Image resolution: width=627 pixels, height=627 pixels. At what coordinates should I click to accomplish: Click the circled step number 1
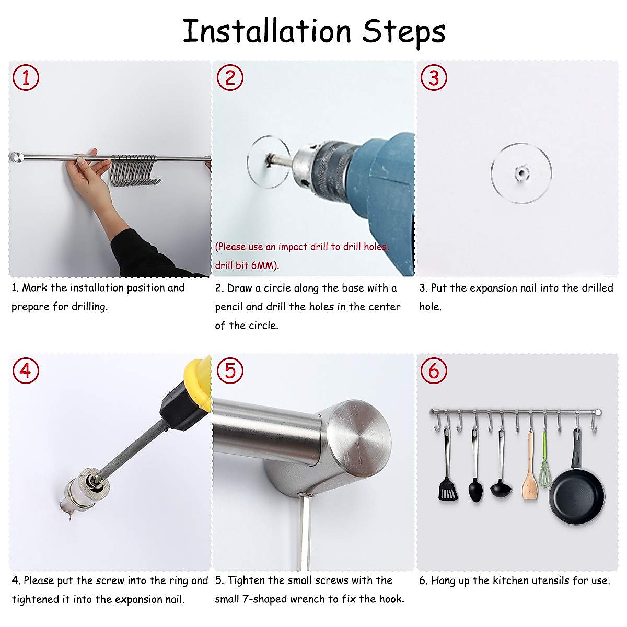coord(26,78)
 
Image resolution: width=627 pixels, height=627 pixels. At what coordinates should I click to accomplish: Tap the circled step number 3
coord(434,78)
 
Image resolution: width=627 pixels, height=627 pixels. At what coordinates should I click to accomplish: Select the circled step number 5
coord(230,370)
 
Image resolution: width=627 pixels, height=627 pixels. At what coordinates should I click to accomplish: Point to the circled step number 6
coord(434,370)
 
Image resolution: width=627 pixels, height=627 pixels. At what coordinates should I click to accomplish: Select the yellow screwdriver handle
coord(199,379)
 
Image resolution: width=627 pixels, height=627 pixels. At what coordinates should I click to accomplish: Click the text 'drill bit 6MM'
coord(247,265)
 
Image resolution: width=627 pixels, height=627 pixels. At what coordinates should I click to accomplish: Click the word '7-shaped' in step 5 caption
coord(289,599)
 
